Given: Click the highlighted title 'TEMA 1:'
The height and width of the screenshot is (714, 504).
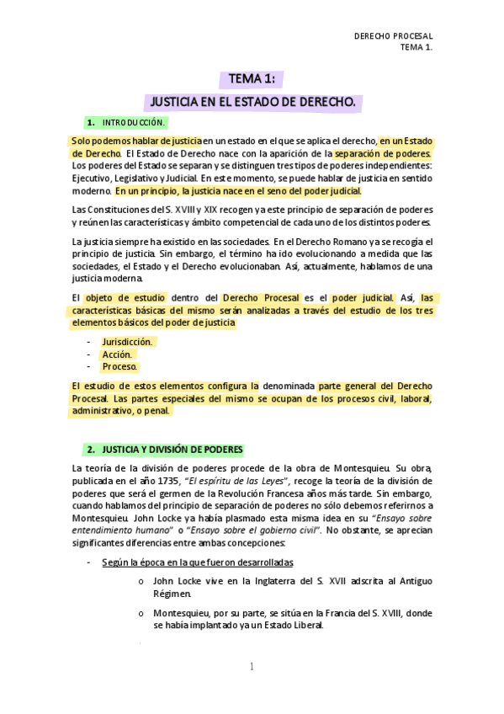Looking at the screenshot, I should click(x=252, y=80).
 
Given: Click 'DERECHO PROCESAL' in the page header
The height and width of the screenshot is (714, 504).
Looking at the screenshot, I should click(x=393, y=37).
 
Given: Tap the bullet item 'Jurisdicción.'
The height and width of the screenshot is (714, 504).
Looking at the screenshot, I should click(x=127, y=343).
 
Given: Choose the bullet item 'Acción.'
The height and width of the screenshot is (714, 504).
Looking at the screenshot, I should click(x=117, y=355).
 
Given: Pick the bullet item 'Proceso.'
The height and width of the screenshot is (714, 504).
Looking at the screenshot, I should click(x=119, y=367).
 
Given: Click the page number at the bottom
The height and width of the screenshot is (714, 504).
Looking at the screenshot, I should click(x=252, y=667).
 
